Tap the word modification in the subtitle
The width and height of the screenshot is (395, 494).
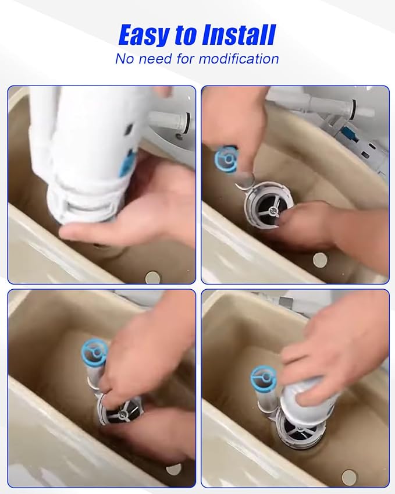click(x=239, y=59)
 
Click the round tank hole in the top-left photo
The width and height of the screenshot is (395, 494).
click(x=153, y=277)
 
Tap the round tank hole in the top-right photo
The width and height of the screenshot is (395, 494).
click(x=321, y=260)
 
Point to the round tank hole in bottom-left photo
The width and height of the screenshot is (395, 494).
click(x=173, y=470)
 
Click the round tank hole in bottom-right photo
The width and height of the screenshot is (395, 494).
click(x=348, y=477)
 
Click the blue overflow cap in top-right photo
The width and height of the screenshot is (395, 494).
click(x=226, y=159)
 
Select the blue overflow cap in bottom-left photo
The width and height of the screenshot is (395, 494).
click(x=94, y=351)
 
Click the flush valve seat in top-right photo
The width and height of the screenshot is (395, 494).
click(x=268, y=207)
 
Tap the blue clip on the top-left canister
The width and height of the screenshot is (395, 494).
click(x=127, y=164)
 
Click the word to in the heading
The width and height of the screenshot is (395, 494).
click(x=186, y=35)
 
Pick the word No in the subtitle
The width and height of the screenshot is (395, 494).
click(x=125, y=59)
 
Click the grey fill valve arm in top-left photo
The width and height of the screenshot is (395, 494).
click(x=170, y=123)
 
